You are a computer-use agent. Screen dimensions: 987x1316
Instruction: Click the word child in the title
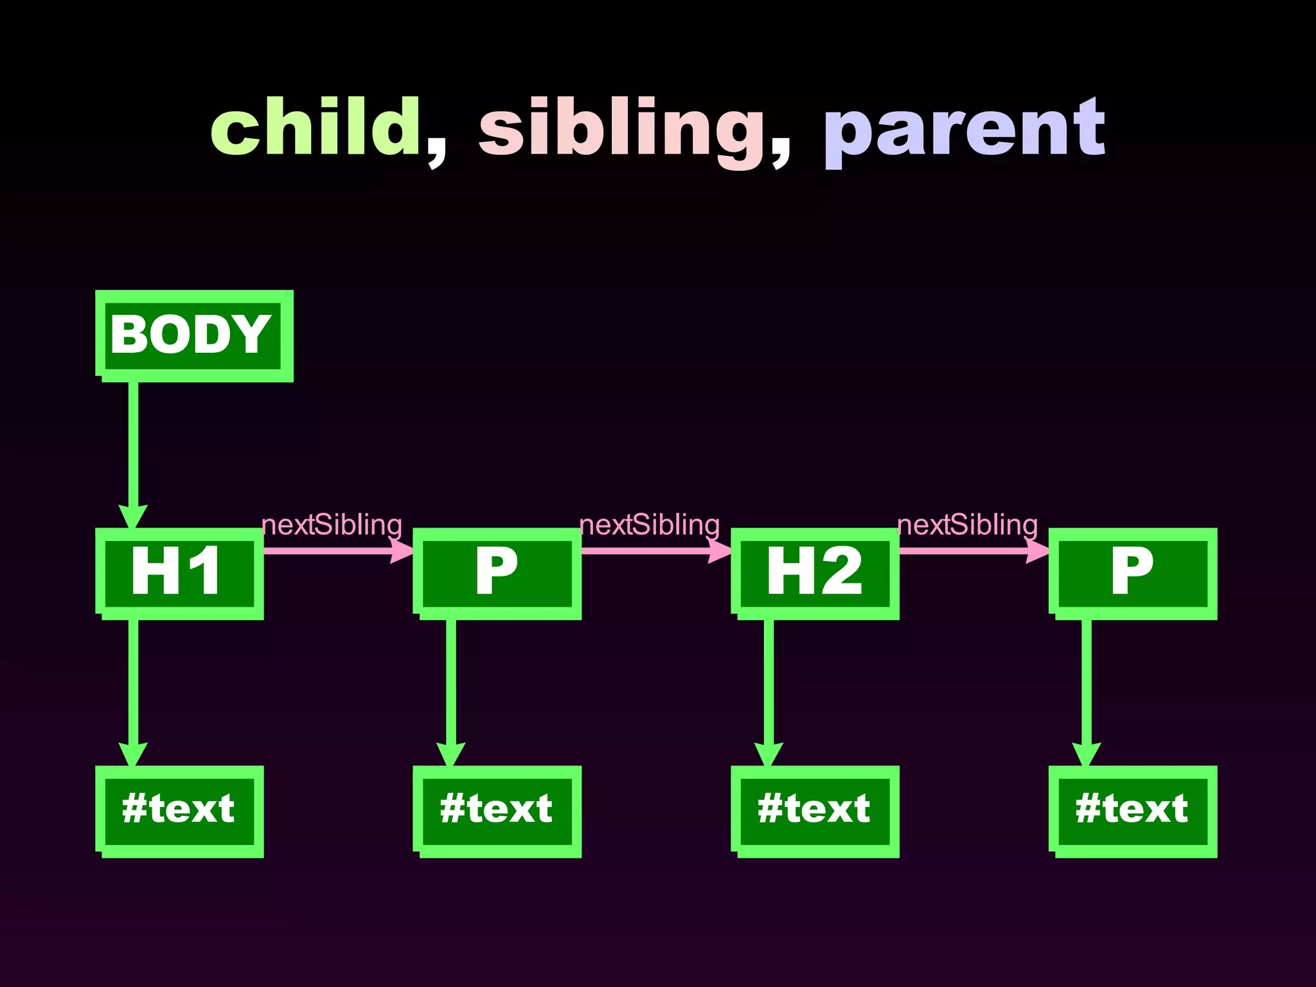click(315, 127)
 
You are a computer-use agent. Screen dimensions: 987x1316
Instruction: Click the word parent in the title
click(964, 132)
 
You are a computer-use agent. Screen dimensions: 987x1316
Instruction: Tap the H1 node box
click(179, 573)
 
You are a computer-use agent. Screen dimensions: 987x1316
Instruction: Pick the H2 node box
click(815, 573)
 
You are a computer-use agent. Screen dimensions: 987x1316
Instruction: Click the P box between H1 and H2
click(497, 573)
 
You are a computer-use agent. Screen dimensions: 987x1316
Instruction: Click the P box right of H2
click(1132, 573)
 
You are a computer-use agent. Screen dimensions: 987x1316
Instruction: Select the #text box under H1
click(179, 810)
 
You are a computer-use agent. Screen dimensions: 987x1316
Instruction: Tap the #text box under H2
click(815, 810)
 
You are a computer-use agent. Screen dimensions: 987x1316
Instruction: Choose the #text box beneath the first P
click(497, 810)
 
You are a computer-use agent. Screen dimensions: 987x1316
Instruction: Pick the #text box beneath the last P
click(1132, 810)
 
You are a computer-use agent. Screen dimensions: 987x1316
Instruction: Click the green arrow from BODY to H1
click(133, 450)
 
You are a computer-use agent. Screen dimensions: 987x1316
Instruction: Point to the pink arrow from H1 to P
click(334, 551)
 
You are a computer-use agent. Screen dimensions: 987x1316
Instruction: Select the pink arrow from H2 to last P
click(970, 551)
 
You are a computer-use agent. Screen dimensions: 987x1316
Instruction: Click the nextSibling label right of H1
click(332, 525)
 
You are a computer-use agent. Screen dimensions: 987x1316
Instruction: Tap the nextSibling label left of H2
click(650, 525)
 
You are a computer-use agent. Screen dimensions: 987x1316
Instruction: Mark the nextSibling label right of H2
click(968, 525)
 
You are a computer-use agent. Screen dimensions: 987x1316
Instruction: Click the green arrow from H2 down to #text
click(769, 688)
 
